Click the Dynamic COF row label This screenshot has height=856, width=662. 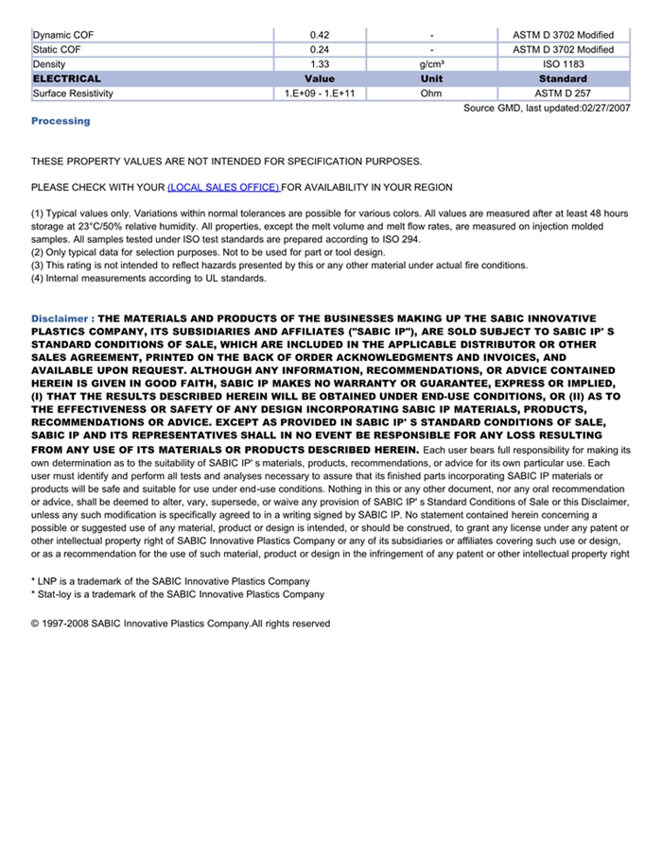pyautogui.click(x=63, y=35)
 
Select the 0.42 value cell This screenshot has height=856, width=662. pyautogui.click(x=320, y=35)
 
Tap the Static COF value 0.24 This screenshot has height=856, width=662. pyautogui.click(x=320, y=49)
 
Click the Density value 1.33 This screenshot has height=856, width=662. pyautogui.click(x=320, y=64)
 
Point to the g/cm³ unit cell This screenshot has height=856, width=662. pyautogui.click(x=431, y=64)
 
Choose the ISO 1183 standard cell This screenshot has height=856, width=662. pyautogui.click(x=563, y=64)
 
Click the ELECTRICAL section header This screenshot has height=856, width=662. pyautogui.click(x=66, y=78)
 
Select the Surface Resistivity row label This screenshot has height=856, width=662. pyautogui.click(x=73, y=94)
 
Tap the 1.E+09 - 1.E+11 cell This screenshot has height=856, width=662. pyautogui.click(x=320, y=94)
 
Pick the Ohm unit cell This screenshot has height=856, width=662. pyautogui.click(x=431, y=94)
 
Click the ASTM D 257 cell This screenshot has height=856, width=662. pyautogui.click(x=563, y=94)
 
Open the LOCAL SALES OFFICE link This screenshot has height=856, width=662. pyautogui.click(x=223, y=187)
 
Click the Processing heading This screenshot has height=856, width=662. pyautogui.click(x=61, y=121)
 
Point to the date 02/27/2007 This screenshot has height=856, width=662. pyautogui.click(x=604, y=109)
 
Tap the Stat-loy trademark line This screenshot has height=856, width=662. pyautogui.click(x=178, y=594)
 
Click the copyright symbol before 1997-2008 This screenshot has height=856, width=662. pyautogui.click(x=35, y=624)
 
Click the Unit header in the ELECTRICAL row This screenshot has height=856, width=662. pyautogui.click(x=431, y=78)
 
